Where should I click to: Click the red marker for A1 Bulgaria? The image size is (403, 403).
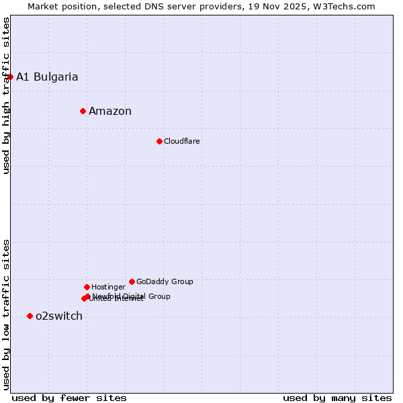tap(10, 77)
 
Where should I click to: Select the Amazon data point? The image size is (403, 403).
tap(83, 111)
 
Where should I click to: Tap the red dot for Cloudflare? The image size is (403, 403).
tap(159, 141)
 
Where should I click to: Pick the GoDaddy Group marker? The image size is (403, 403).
tap(132, 281)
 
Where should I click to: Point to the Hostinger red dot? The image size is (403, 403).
tap(87, 287)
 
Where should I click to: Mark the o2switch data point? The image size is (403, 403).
tap(30, 316)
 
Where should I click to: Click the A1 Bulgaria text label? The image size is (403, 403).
tap(47, 77)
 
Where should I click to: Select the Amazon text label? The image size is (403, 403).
tap(110, 111)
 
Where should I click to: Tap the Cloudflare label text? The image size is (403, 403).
tap(182, 141)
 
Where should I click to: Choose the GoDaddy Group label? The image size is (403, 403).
tap(165, 281)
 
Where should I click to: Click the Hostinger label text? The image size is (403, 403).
tap(108, 287)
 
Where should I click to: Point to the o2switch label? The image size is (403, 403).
tap(59, 316)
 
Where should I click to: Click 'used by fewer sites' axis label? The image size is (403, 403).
tap(69, 398)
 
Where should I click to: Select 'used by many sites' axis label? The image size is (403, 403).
tap(337, 398)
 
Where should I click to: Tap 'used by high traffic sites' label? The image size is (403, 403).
tap(7, 95)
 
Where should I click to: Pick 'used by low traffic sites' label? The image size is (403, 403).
tap(7, 314)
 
